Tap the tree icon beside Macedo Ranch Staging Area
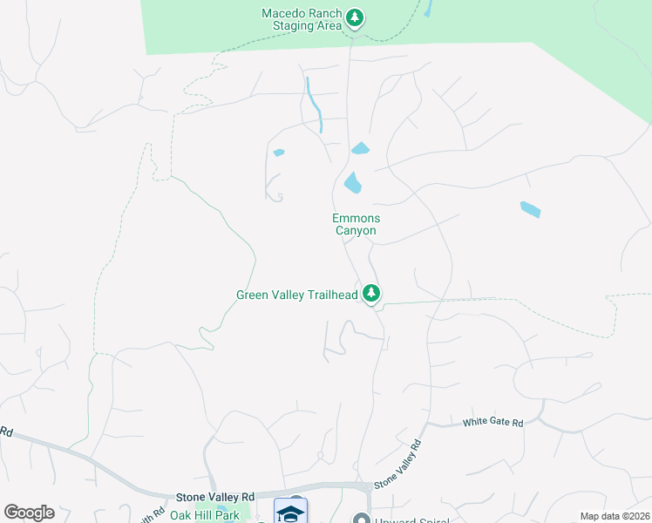click(x=354, y=17)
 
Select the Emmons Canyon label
click(x=356, y=224)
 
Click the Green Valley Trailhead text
click(x=296, y=295)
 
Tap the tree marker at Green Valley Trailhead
click(x=372, y=294)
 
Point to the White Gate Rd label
click(x=492, y=423)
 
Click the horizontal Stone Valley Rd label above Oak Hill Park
click(x=215, y=495)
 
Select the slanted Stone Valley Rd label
click(x=397, y=464)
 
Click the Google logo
click(x=29, y=513)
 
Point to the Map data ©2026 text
click(x=615, y=516)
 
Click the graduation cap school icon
click(x=290, y=513)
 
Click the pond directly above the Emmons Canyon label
click(x=353, y=182)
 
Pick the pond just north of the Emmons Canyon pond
click(x=360, y=148)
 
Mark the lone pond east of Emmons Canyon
click(x=530, y=209)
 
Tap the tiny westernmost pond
click(x=279, y=153)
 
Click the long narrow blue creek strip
click(x=315, y=105)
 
